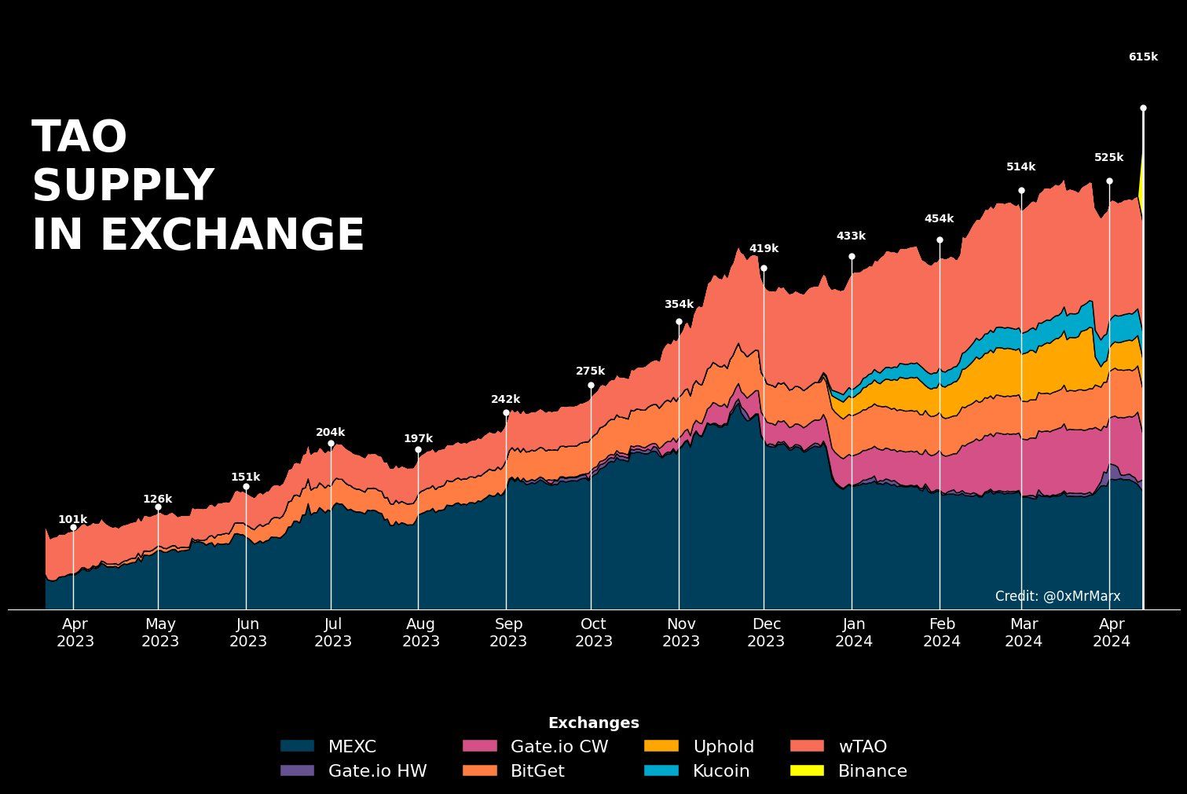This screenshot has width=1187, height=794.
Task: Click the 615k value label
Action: [1143, 57]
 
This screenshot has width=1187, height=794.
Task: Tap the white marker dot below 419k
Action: [764, 269]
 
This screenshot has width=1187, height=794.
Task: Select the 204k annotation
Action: [330, 433]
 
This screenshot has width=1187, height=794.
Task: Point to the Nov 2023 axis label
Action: [681, 632]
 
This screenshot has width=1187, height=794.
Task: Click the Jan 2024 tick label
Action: [854, 632]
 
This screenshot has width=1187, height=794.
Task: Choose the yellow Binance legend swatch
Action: [807, 770]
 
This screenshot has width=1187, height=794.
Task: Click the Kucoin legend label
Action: [721, 771]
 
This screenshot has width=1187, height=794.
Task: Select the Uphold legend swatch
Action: [661, 746]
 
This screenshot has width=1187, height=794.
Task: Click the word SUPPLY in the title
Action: [123, 186]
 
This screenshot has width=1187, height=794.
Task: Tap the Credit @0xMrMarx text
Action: [1057, 596]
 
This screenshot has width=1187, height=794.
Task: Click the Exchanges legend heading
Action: [594, 723]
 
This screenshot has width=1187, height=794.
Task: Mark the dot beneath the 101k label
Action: [73, 528]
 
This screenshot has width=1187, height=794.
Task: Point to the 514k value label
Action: [1020, 167]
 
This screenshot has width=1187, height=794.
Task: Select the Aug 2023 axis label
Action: [420, 632]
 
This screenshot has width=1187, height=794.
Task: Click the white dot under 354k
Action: [679, 321]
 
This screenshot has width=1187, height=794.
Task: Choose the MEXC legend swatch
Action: [297, 746]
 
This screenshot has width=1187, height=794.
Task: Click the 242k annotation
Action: [505, 400]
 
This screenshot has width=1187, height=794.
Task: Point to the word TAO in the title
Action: [79, 137]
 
